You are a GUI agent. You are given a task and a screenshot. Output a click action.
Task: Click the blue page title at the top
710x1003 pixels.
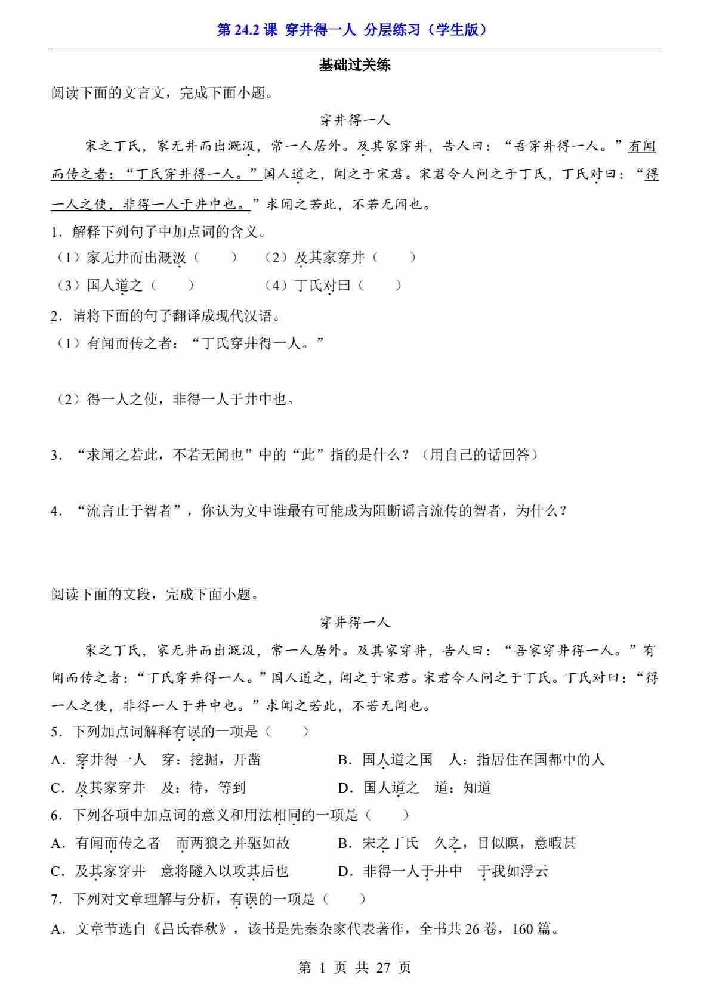tap(354, 30)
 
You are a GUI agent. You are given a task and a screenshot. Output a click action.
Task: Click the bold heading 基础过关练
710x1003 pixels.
tap(354, 66)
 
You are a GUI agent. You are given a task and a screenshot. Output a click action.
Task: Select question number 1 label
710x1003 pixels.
tap(55, 232)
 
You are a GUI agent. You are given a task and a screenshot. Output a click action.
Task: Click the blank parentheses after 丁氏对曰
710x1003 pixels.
tap(379, 286)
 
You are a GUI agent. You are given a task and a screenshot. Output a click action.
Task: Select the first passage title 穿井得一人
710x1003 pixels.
tap(354, 120)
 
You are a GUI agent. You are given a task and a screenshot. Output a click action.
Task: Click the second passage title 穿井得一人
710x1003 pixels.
tap(354, 623)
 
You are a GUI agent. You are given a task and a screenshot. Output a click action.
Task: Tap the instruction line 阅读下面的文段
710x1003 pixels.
tap(155, 595)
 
